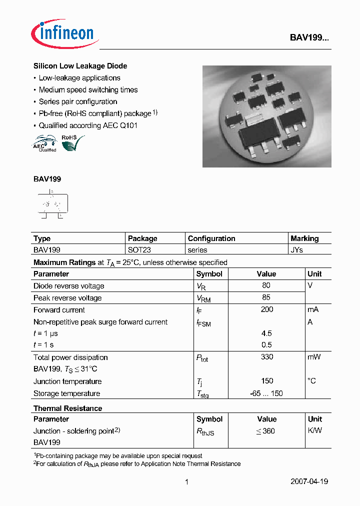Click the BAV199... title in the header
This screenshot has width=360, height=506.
tap(309, 37)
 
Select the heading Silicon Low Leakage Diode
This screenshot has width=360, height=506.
tap(80, 66)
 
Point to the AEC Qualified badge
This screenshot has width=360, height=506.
tap(44, 143)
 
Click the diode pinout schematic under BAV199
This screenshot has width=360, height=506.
tap(52, 204)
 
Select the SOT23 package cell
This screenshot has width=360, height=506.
tap(139, 249)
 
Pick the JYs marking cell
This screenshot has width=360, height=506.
tap(297, 249)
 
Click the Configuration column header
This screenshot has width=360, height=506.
tap(211, 238)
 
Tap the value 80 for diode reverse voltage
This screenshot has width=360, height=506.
tap(266, 285)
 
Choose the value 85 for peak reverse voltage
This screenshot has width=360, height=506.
tap(266, 297)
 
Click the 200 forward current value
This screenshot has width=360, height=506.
tap(266, 309)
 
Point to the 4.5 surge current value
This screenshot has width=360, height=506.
tap(266, 333)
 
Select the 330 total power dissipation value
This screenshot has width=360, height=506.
tap(266, 357)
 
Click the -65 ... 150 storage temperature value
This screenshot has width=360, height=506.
tap(266, 393)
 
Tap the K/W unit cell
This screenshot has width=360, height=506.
tap(314, 430)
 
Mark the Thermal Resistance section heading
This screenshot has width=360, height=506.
tap(67, 408)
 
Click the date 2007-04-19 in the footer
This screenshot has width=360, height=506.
tap(309, 481)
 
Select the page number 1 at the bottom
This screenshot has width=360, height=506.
tap(186, 482)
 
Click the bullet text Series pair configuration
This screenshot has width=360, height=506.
tap(78, 101)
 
